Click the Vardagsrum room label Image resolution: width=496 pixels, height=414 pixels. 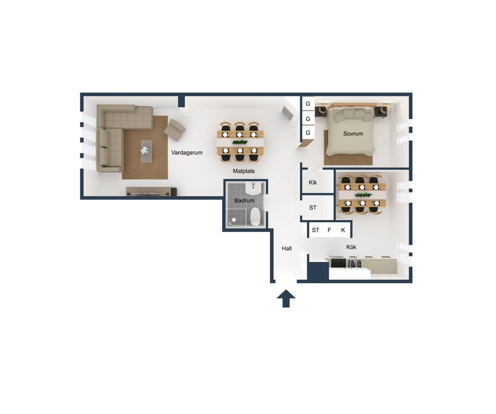[x=187, y=153]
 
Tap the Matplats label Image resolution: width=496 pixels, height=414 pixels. [x=244, y=171]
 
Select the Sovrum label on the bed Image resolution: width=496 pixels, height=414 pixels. [x=353, y=134]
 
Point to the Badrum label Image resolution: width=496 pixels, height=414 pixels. [x=244, y=201]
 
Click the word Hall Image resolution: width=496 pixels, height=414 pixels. [x=286, y=248]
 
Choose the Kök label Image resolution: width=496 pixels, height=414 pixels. [x=351, y=247]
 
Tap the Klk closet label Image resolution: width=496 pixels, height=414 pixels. [x=313, y=182]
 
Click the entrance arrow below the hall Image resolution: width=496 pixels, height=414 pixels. [x=286, y=298]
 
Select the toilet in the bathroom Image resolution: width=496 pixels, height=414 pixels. [x=255, y=217]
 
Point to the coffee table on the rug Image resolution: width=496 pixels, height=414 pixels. [x=146, y=151]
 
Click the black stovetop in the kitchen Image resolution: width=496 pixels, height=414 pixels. [x=338, y=263]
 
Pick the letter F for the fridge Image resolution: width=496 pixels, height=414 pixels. [x=329, y=230]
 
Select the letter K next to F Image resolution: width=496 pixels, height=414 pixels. [x=343, y=230]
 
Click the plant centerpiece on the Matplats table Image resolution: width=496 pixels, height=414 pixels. [x=240, y=142]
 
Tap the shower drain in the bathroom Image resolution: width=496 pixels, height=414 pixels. [x=233, y=220]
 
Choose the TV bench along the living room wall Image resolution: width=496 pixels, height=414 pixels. [x=151, y=191]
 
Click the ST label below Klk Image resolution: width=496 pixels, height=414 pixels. [x=313, y=208]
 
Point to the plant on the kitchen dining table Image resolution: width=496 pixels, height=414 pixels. [x=363, y=195]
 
